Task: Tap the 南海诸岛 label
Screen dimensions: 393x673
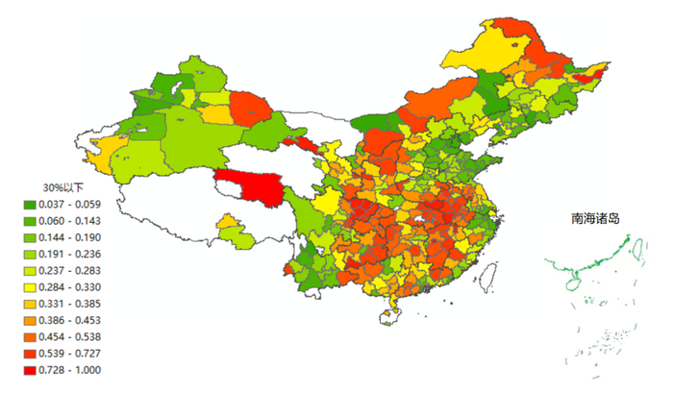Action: pyautogui.click(x=594, y=219)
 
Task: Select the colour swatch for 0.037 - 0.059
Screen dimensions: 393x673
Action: pyautogui.click(x=30, y=204)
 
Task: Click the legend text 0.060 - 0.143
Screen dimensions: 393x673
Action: pyautogui.click(x=73, y=220)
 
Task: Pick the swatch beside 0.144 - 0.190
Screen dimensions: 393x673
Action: pyautogui.click(x=30, y=236)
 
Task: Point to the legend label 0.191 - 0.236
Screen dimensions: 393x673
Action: pyautogui.click(x=73, y=254)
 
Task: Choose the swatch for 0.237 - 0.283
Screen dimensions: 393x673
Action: pyautogui.click(x=30, y=270)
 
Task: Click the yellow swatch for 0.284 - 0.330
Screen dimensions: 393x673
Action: pyautogui.click(x=30, y=286)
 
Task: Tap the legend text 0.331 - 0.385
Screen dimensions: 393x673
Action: pyautogui.click(x=73, y=304)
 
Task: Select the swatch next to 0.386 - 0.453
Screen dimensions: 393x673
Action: pyautogui.click(x=30, y=320)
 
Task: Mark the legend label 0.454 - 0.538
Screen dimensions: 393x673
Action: pyautogui.click(x=73, y=336)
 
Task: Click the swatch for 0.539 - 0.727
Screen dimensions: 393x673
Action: pyautogui.click(x=30, y=354)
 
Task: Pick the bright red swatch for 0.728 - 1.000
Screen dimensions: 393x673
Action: pyautogui.click(x=30, y=370)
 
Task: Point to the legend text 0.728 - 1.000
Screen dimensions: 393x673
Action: pyautogui.click(x=73, y=370)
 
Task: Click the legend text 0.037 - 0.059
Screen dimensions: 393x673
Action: pyautogui.click(x=73, y=204)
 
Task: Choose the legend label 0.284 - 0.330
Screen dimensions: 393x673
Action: pyautogui.click(x=73, y=286)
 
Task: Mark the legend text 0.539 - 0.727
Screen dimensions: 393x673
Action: pyautogui.click(x=73, y=354)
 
